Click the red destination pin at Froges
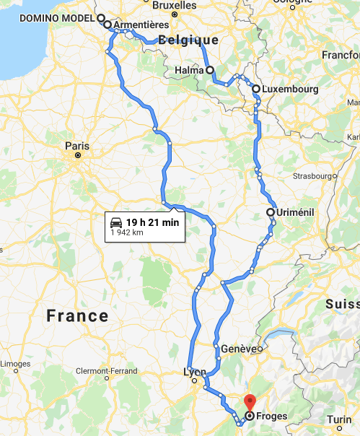coord(250,402)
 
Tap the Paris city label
coord(77,145)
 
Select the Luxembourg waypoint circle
coord(256,89)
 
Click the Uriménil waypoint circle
coord(270,212)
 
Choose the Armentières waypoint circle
coord(107,25)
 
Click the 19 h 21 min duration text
coord(152,221)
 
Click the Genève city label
coord(238,349)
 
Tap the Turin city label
coord(340,419)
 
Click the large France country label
coord(77,315)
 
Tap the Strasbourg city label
coord(311,175)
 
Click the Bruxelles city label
coord(175,4)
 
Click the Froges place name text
coord(271,416)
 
